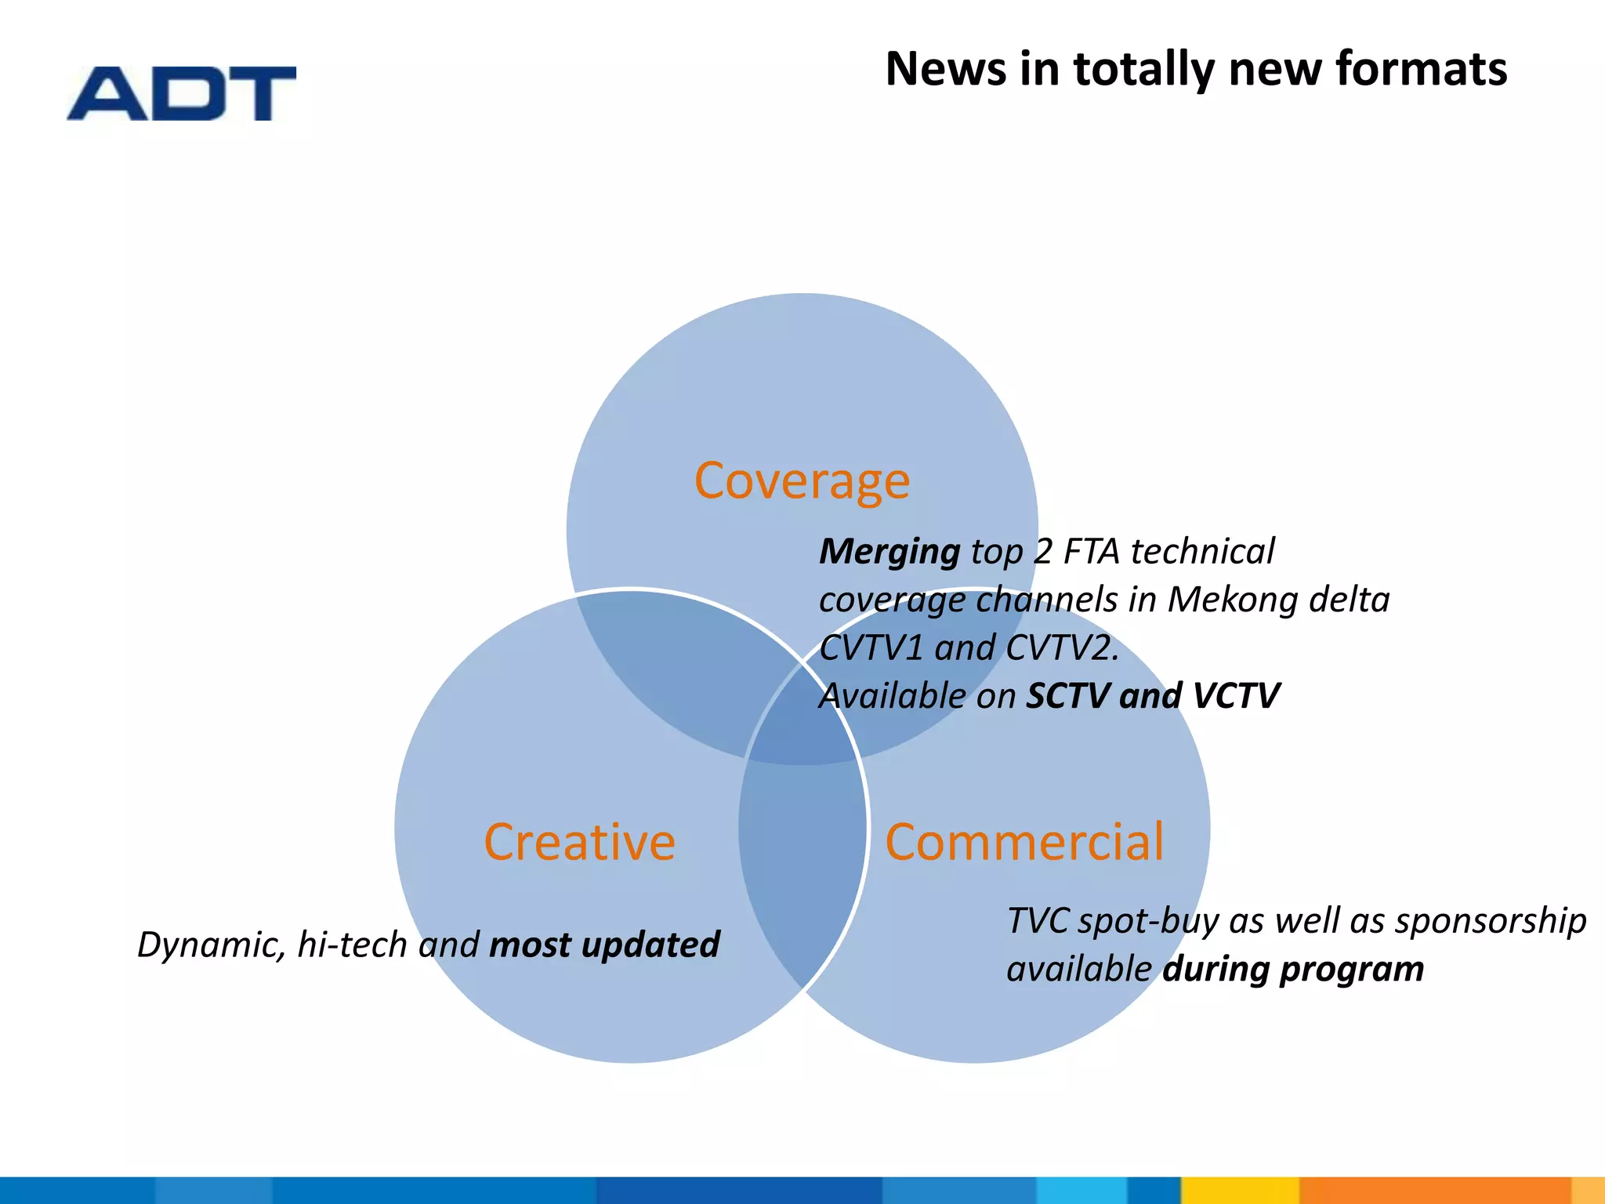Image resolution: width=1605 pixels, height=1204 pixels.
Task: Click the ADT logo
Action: pos(182,94)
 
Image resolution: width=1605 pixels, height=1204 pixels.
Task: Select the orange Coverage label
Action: pos(802,481)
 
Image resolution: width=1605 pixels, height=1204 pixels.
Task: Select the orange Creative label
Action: pos(579,842)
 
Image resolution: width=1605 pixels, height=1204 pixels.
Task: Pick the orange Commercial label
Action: pos(1024,842)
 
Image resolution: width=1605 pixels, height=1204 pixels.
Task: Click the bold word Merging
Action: pos(889,552)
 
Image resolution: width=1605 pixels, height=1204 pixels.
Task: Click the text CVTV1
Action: pos(871,648)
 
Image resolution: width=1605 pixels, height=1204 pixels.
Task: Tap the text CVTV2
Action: pos(1061,648)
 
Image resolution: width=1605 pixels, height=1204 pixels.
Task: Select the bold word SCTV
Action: pos(1067,696)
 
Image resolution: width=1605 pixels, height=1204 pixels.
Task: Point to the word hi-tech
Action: pos(352,945)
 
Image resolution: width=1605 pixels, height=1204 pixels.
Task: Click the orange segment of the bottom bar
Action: pos(1434,1190)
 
